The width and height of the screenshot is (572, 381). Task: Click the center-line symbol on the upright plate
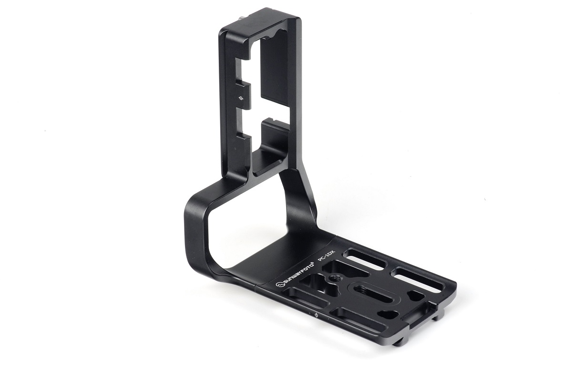coord(242,99)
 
